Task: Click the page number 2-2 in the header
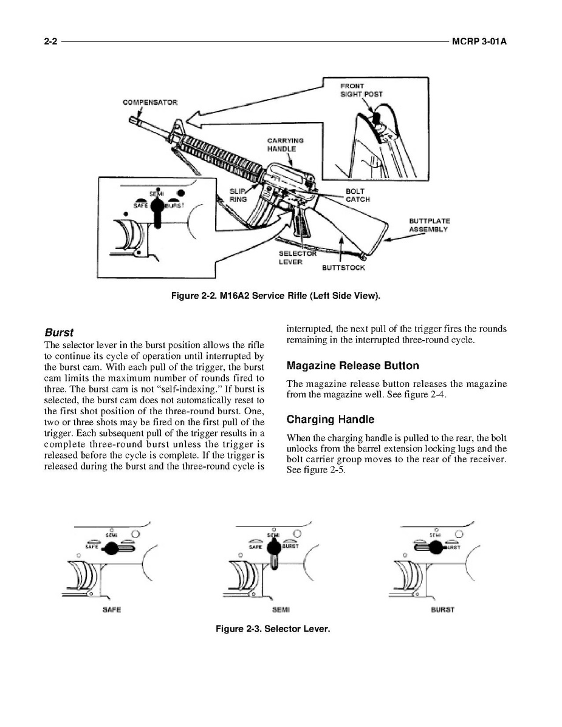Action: point(50,43)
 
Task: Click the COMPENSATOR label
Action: point(150,102)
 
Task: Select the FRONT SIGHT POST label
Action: point(361,90)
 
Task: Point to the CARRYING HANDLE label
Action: point(285,145)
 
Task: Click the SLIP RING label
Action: point(238,195)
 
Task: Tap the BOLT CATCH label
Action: point(357,195)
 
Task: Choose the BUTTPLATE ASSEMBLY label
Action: point(429,225)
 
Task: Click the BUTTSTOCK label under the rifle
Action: point(343,267)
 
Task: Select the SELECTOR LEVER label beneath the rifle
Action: point(297,258)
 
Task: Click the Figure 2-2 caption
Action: point(276,296)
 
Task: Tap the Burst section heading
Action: point(59,333)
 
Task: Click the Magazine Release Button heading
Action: point(352,366)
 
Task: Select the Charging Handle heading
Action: point(330,419)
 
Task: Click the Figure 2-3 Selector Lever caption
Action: point(273,629)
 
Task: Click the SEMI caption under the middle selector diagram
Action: point(280,609)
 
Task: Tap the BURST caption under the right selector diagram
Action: point(442,609)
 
